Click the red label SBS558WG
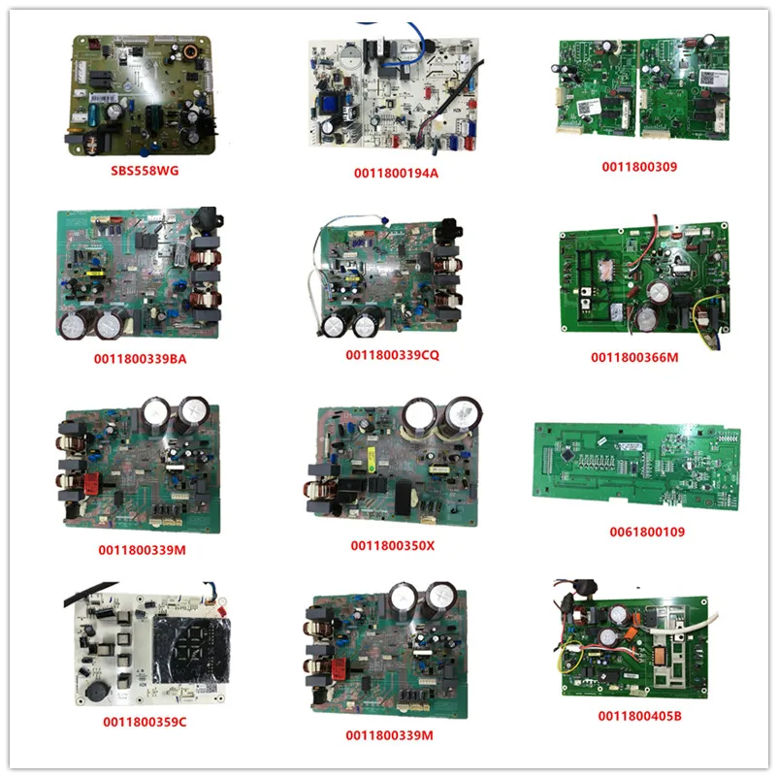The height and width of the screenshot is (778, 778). (x=145, y=170)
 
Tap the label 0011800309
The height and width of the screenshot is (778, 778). (x=639, y=167)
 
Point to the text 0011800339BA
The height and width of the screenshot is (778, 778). (x=144, y=358)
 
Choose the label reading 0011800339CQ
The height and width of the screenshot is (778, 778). (x=393, y=356)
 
